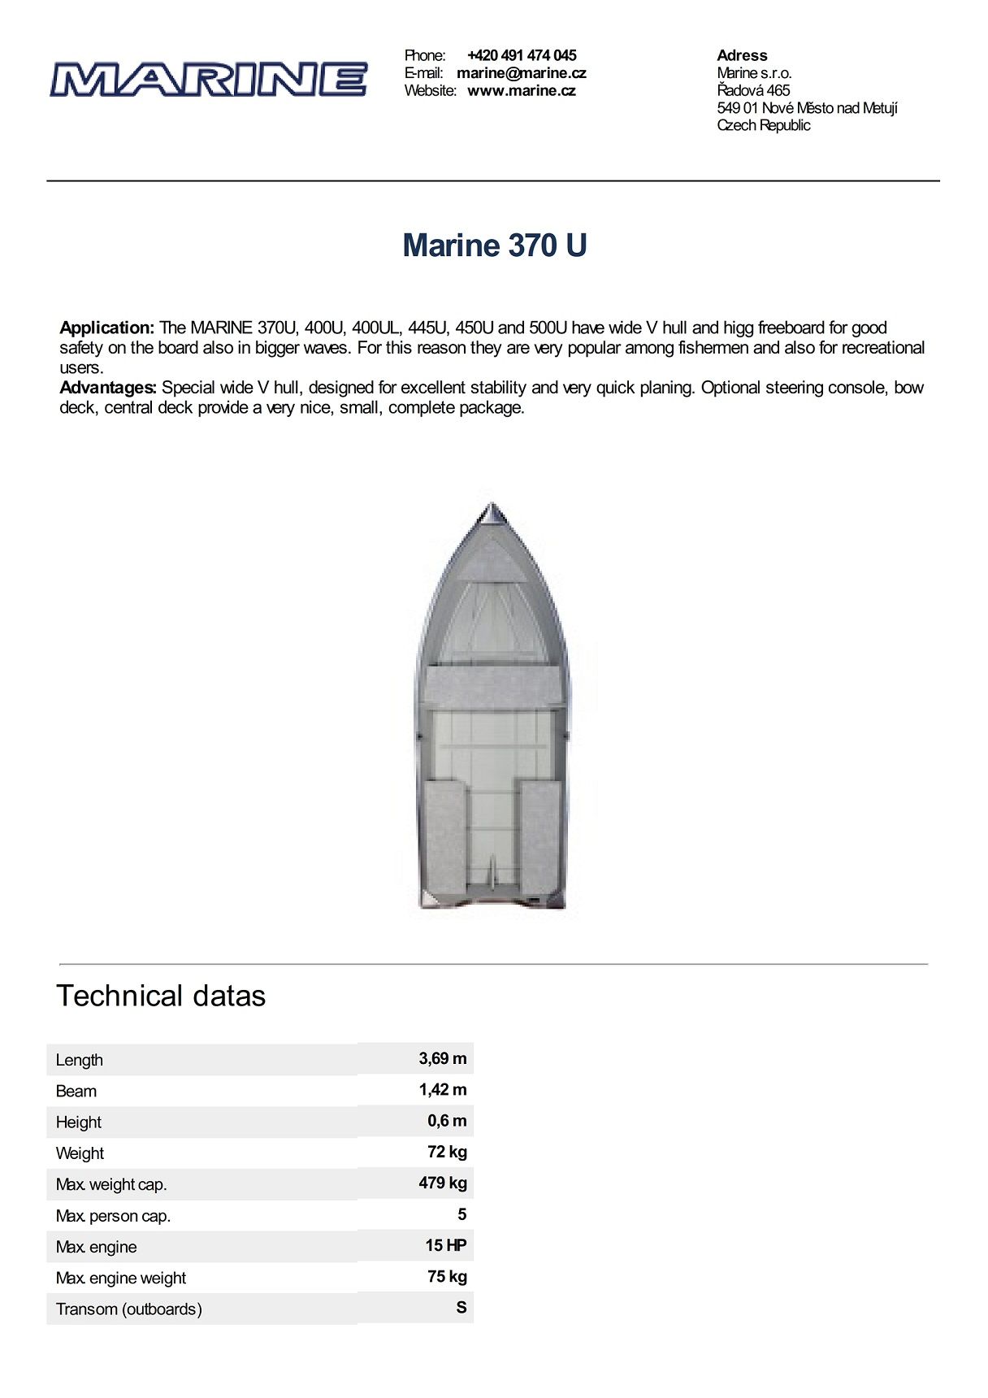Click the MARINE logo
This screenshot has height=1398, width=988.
208,80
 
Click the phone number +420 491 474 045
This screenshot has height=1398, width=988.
522,55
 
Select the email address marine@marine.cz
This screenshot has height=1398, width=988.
521,73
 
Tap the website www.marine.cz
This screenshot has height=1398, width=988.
521,91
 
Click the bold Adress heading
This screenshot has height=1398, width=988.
742,55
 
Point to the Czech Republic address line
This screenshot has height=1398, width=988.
763,125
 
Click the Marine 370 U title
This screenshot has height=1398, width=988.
494,245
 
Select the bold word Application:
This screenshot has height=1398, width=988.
106,328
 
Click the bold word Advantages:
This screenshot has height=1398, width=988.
107,388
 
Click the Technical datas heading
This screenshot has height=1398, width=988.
161,996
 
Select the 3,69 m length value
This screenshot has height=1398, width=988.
442,1058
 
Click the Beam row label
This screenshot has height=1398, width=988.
76,1091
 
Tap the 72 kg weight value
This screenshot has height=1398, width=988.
447,1152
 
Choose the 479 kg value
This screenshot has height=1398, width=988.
442,1183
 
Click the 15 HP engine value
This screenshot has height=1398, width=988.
445,1245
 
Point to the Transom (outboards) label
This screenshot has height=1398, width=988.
128,1309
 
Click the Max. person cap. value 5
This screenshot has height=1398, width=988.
461,1214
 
